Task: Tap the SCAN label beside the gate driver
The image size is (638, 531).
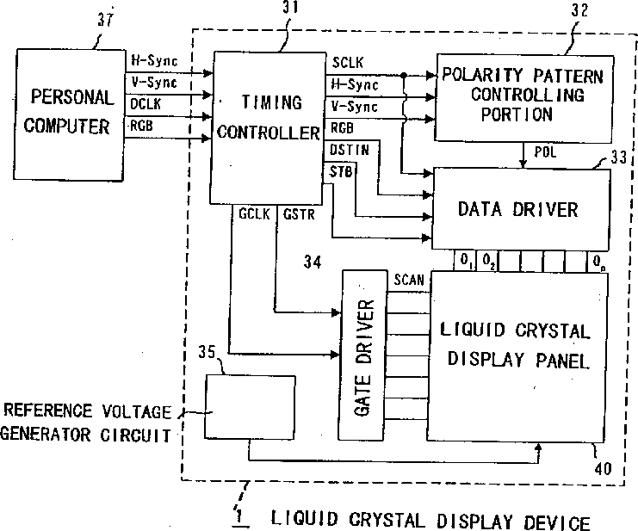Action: click(409, 280)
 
